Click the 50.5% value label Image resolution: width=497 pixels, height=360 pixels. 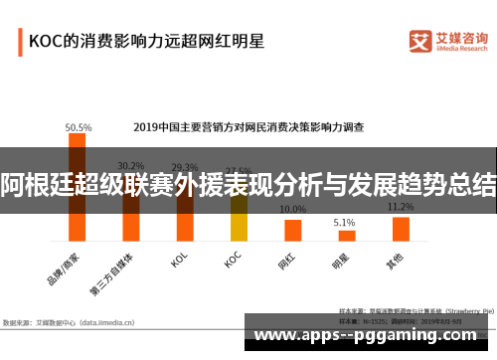click(x=79, y=127)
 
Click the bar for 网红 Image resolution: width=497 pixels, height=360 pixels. click(x=292, y=231)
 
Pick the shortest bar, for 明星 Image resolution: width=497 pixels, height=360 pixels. click(x=346, y=236)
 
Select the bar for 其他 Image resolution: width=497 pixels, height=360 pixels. click(x=401, y=230)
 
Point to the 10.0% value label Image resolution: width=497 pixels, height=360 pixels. click(x=292, y=210)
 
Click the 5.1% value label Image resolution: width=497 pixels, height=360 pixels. click(x=345, y=222)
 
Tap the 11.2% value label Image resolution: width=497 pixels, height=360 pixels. click(x=401, y=207)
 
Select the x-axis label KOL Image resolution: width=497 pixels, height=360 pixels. click(x=180, y=261)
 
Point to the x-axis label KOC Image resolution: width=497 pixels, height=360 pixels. click(x=232, y=261)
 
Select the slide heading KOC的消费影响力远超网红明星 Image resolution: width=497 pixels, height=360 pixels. click(x=145, y=42)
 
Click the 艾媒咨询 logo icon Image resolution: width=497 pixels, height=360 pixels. click(x=420, y=42)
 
